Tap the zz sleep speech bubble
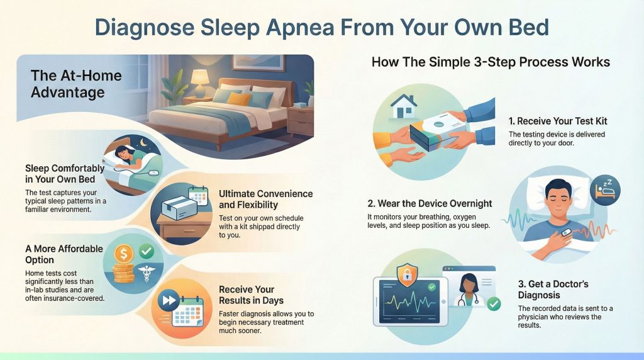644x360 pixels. pyautogui.click(x=606, y=188)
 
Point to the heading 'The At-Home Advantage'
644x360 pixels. pyautogui.click(x=68, y=84)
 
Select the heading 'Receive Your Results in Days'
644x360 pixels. pyautogui.click(x=251, y=295)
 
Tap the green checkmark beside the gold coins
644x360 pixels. pyautogui.click(x=147, y=251)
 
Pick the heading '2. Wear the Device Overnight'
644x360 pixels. pyautogui.click(x=430, y=203)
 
